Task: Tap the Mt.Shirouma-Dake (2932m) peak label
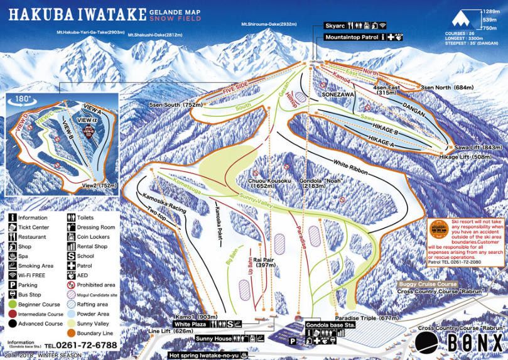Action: pyautogui.click(x=268, y=25)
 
